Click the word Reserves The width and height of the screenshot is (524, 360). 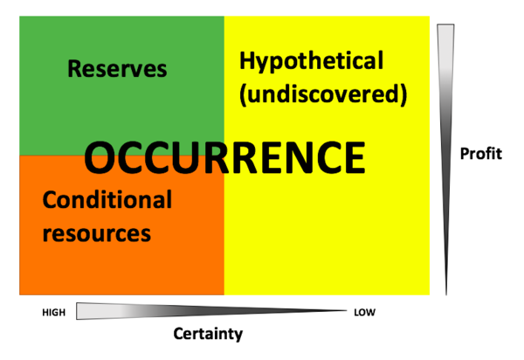(x=117, y=68)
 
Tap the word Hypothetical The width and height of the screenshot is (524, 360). (x=311, y=61)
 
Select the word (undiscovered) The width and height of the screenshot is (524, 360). (x=323, y=94)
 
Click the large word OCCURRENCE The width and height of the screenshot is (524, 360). (x=224, y=158)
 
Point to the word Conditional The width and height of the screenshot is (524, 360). (x=107, y=199)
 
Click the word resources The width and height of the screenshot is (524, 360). (x=97, y=233)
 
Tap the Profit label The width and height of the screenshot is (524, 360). (x=481, y=154)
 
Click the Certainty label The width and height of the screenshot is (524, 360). (x=208, y=334)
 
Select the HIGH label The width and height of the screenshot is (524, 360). (x=54, y=313)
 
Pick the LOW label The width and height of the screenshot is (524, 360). (x=364, y=313)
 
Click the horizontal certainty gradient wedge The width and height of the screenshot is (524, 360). (x=211, y=311)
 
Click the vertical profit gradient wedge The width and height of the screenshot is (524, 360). (x=445, y=159)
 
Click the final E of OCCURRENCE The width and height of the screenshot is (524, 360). (x=355, y=158)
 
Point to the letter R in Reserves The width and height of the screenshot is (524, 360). (x=74, y=68)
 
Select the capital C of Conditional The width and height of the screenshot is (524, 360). (x=49, y=199)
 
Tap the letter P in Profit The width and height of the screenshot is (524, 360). (x=465, y=154)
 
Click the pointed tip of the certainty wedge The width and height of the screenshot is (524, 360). (x=346, y=310)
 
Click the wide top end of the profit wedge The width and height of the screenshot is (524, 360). (x=445, y=24)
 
